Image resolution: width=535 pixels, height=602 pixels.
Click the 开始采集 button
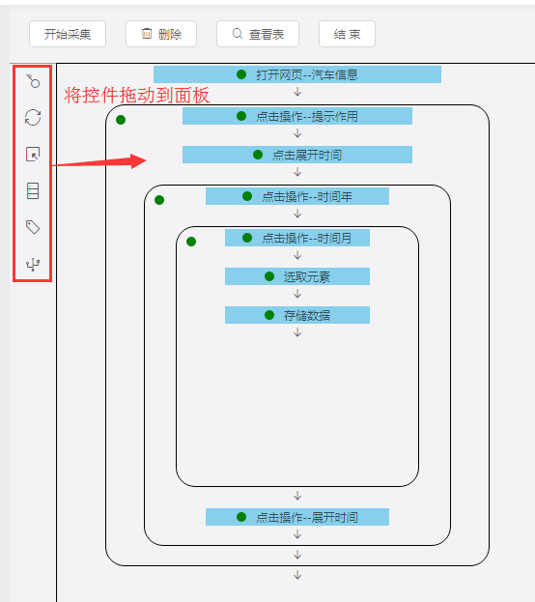(x=68, y=34)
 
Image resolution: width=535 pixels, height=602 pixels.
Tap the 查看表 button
(x=258, y=34)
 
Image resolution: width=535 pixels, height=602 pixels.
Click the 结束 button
(x=347, y=34)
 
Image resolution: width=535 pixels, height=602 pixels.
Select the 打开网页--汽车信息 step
(x=297, y=74)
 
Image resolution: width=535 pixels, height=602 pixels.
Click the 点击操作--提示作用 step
(x=297, y=116)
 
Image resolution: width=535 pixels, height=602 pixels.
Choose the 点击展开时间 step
(x=297, y=155)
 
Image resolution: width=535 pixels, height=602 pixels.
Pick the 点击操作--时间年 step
(x=297, y=196)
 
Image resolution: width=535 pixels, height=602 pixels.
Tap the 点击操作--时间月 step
(x=297, y=238)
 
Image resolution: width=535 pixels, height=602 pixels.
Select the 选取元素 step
(x=297, y=276)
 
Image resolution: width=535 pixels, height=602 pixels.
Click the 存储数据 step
(x=297, y=315)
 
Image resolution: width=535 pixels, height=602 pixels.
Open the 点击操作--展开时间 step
(x=297, y=517)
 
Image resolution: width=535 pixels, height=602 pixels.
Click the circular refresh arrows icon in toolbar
(x=33, y=118)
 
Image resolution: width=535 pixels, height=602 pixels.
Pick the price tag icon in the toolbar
(x=33, y=227)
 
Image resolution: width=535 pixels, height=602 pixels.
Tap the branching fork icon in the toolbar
(x=33, y=265)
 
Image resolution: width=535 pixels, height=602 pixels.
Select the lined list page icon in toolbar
(x=33, y=190)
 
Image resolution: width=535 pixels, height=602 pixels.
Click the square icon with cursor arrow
(x=33, y=154)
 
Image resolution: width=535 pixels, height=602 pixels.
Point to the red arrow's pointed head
(x=146, y=160)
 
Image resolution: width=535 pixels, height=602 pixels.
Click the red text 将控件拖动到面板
(x=137, y=96)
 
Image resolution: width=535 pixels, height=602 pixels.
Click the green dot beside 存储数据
(x=269, y=315)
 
